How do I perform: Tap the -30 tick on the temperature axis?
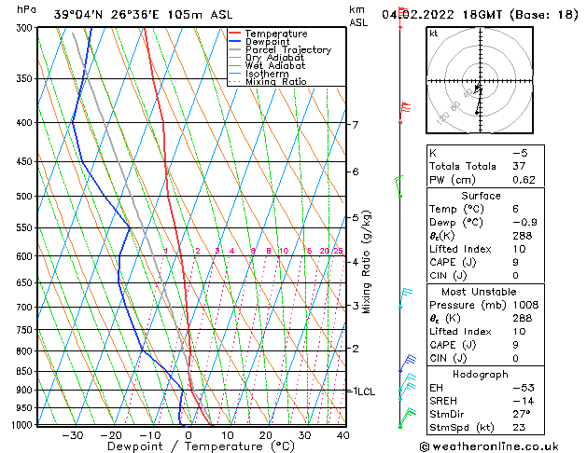(x=72, y=434)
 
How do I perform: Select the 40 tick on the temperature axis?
(x=342, y=434)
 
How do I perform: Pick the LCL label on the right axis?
(x=364, y=391)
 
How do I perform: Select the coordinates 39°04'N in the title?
(x=75, y=14)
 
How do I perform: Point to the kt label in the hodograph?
(x=434, y=34)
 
